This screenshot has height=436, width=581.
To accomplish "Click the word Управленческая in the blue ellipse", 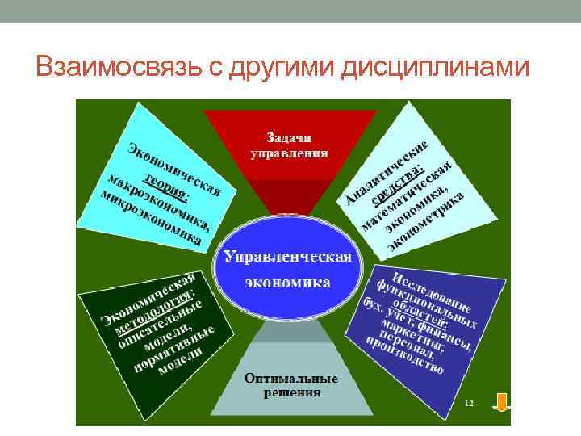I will tap(288, 256).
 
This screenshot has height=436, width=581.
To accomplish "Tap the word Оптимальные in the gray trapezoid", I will tap(290, 379).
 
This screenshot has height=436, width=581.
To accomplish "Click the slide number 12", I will tap(469, 401).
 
